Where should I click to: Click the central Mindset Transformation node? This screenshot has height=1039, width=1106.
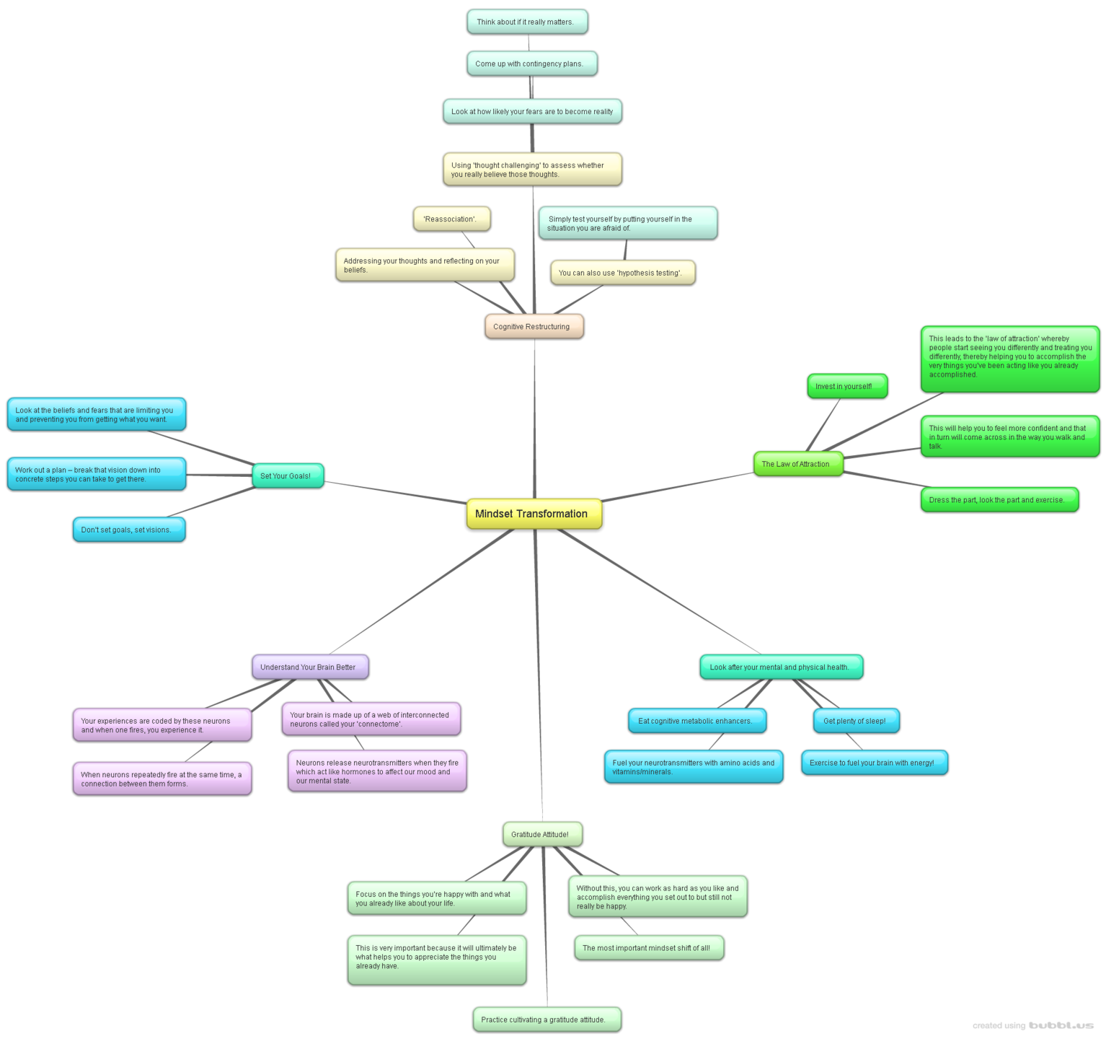click(534, 514)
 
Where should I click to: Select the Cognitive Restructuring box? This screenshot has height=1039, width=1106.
click(534, 327)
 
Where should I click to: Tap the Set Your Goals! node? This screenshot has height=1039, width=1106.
click(287, 476)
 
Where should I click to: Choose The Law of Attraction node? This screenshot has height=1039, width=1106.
click(797, 464)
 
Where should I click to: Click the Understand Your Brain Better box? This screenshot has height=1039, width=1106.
click(309, 667)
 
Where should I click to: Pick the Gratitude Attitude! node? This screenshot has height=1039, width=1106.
click(541, 834)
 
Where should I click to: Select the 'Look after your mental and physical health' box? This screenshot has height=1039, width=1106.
click(781, 667)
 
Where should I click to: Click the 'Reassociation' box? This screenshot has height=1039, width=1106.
click(451, 219)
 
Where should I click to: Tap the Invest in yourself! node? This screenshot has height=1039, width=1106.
click(846, 386)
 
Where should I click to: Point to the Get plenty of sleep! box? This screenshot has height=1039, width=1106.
click(856, 721)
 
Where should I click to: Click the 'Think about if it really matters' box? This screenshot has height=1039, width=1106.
click(527, 22)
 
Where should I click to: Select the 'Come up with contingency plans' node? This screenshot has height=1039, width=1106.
click(531, 63)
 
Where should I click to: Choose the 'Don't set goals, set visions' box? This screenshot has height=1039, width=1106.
click(128, 530)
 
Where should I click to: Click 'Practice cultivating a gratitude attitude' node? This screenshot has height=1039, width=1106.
click(547, 1020)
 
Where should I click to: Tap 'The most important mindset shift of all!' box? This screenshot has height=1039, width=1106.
click(648, 948)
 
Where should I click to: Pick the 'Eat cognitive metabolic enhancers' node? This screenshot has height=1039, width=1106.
click(696, 721)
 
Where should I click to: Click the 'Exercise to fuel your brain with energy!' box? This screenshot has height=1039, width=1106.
click(874, 763)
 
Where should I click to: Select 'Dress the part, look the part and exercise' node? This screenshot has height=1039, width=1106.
click(999, 500)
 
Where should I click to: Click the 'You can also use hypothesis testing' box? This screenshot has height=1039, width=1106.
click(622, 273)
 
